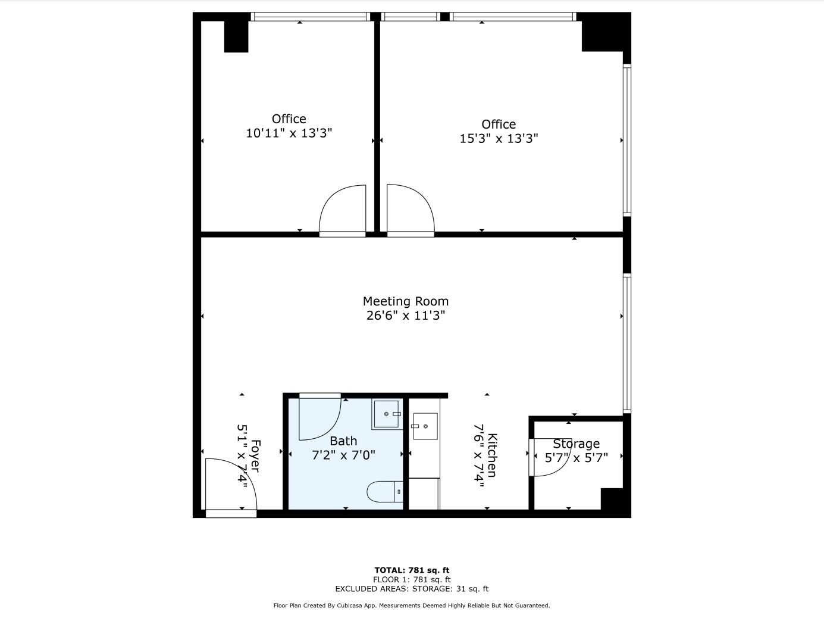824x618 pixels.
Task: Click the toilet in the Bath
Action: coord(385,491)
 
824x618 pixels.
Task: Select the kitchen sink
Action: coord(425,426)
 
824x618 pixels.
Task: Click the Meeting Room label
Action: coord(405,301)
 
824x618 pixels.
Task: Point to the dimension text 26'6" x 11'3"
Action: coord(405,315)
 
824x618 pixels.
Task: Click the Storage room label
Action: coord(577,444)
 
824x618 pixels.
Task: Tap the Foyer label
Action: coord(255,455)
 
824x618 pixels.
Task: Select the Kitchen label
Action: coord(492,455)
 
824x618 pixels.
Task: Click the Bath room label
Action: coord(343,441)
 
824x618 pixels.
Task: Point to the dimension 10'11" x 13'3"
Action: coord(289,133)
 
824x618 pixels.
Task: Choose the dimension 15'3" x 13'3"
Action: coord(499,139)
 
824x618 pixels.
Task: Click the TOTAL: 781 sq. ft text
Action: coord(412,570)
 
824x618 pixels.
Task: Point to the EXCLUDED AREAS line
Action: coord(412,589)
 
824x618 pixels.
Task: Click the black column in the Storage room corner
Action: coord(612,499)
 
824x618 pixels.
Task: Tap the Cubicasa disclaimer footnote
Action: coord(412,605)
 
